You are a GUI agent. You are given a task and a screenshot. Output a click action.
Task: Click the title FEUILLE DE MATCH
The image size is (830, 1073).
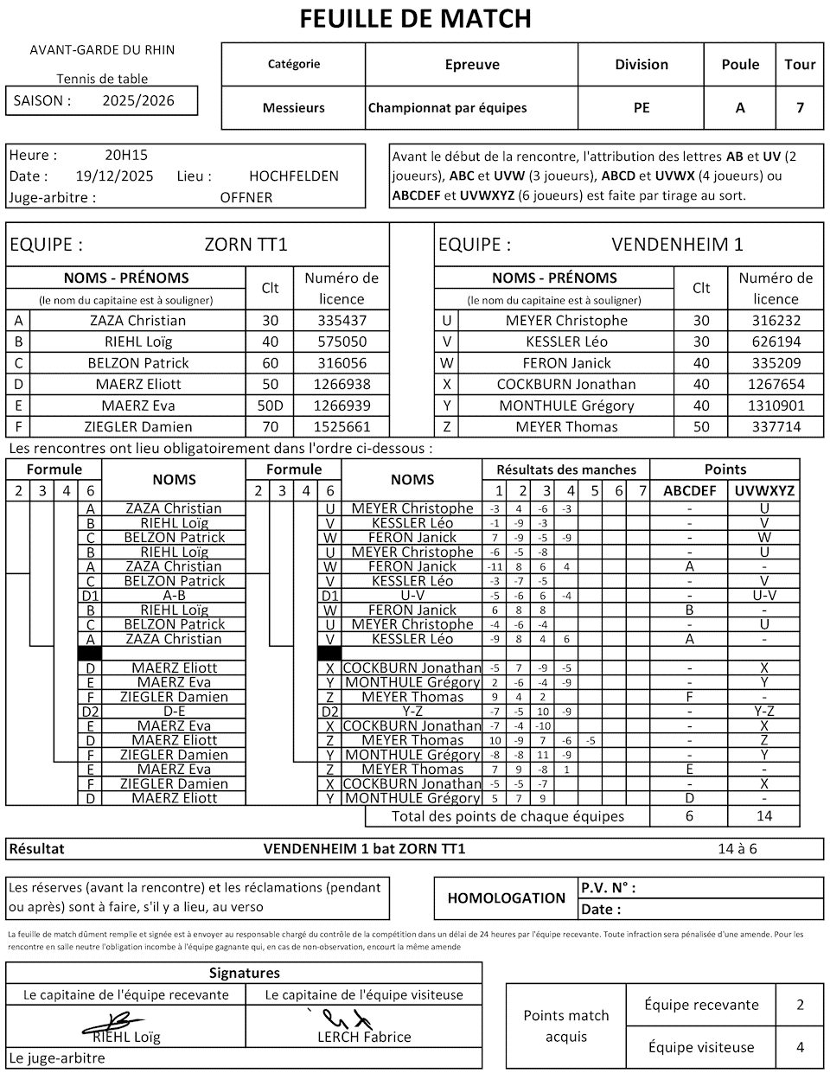point(415,18)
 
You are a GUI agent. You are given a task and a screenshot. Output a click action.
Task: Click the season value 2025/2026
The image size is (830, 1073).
point(138,100)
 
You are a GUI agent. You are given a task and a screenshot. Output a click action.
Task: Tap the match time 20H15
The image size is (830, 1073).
point(126,156)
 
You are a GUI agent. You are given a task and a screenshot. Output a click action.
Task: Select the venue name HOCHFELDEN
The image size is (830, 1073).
point(294,176)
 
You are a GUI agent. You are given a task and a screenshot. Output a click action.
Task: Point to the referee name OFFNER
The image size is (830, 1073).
point(246,197)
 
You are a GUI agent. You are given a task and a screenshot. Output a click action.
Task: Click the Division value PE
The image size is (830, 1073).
point(642,108)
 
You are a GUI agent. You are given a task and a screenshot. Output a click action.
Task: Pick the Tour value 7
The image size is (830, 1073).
point(800,108)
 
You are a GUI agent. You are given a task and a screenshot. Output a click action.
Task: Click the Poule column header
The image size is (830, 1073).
point(740,65)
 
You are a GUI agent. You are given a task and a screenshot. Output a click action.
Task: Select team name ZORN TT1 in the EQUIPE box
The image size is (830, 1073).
point(246,245)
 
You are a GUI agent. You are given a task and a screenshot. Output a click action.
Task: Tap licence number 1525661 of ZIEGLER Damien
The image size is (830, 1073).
point(342,427)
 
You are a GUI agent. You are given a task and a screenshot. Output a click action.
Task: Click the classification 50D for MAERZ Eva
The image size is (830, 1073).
point(270,406)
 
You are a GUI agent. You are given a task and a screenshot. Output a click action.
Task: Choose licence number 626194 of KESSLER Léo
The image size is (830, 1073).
point(776,342)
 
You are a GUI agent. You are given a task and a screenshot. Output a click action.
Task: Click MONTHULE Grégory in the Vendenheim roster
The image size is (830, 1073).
point(566,406)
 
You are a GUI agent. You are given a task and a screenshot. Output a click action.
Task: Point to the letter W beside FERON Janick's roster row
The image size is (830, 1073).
point(446,363)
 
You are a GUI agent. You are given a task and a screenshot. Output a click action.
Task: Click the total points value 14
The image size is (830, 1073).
point(763,816)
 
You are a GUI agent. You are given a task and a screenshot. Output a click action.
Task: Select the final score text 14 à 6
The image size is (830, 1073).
point(737,849)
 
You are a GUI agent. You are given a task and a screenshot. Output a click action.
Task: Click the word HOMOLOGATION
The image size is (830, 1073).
point(507,898)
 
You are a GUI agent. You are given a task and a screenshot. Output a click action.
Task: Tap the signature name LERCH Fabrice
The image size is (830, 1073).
point(364,1037)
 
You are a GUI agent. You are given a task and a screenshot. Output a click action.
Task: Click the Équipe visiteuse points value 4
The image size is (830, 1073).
point(800,1048)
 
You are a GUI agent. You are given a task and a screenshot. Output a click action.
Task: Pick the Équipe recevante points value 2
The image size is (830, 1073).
point(800,1005)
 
